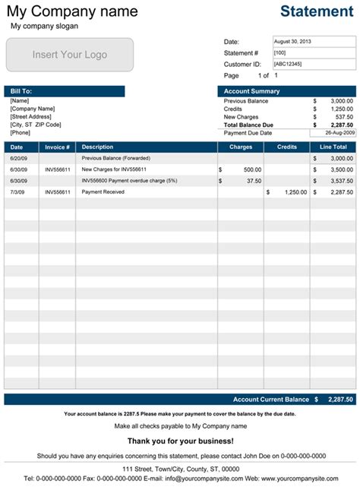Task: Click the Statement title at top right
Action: pyautogui.click(x=317, y=11)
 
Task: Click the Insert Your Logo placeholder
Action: pyautogui.click(x=70, y=55)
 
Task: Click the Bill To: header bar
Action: pyautogui.click(x=65, y=91)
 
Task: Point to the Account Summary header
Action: pyautogui.click(x=286, y=91)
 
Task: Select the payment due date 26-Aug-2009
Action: pyautogui.click(x=332, y=132)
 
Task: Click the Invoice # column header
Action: pyautogui.click(x=57, y=147)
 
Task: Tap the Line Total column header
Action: pyautogui.click(x=333, y=147)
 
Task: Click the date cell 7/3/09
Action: pyautogui.click(x=17, y=192)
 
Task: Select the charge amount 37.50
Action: pyautogui.click(x=252, y=181)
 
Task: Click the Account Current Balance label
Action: pyautogui.click(x=271, y=399)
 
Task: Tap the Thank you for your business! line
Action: pyautogui.click(x=180, y=441)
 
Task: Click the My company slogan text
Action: pyautogui.click(x=43, y=26)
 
